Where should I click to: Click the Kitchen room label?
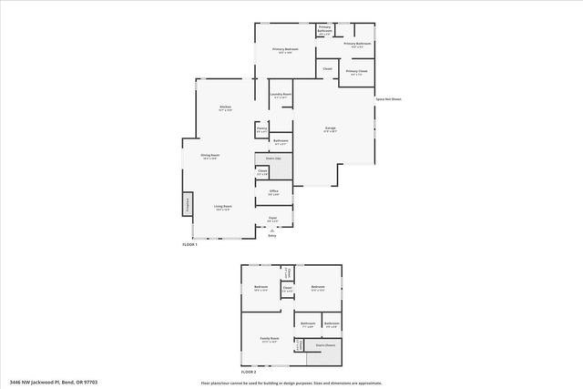[225, 107]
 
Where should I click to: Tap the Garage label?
[330, 128]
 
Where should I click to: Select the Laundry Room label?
[281, 95]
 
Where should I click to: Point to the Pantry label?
[261, 128]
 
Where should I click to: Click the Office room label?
[273, 190]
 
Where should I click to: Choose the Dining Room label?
[210, 156]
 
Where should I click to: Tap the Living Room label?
[221, 208]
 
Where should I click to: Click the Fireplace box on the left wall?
[187, 206]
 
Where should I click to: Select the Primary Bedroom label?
[286, 49]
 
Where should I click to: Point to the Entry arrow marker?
[271, 231]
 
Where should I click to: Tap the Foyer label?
[272, 218]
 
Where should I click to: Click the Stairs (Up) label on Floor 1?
[272, 159]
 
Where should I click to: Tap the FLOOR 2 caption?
[249, 373]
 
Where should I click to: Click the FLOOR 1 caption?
[189, 245]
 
